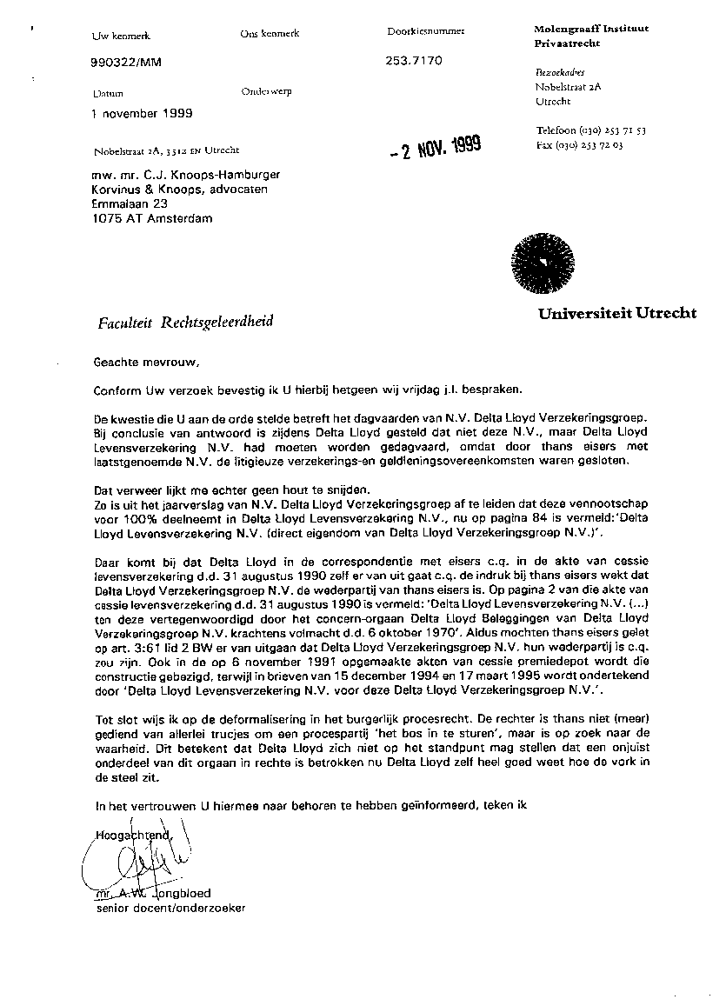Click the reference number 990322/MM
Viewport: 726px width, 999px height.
click(126, 62)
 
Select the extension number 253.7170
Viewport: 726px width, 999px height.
click(414, 61)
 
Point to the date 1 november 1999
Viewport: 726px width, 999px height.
click(142, 113)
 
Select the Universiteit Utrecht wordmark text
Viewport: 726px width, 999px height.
click(616, 314)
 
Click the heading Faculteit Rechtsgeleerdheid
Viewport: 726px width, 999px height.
click(185, 323)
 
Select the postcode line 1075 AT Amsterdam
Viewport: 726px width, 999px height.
click(151, 218)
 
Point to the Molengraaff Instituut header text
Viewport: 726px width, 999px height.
click(590, 30)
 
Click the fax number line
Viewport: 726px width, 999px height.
click(579, 145)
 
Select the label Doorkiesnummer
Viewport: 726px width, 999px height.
click(425, 31)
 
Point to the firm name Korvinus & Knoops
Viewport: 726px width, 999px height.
click(180, 189)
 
